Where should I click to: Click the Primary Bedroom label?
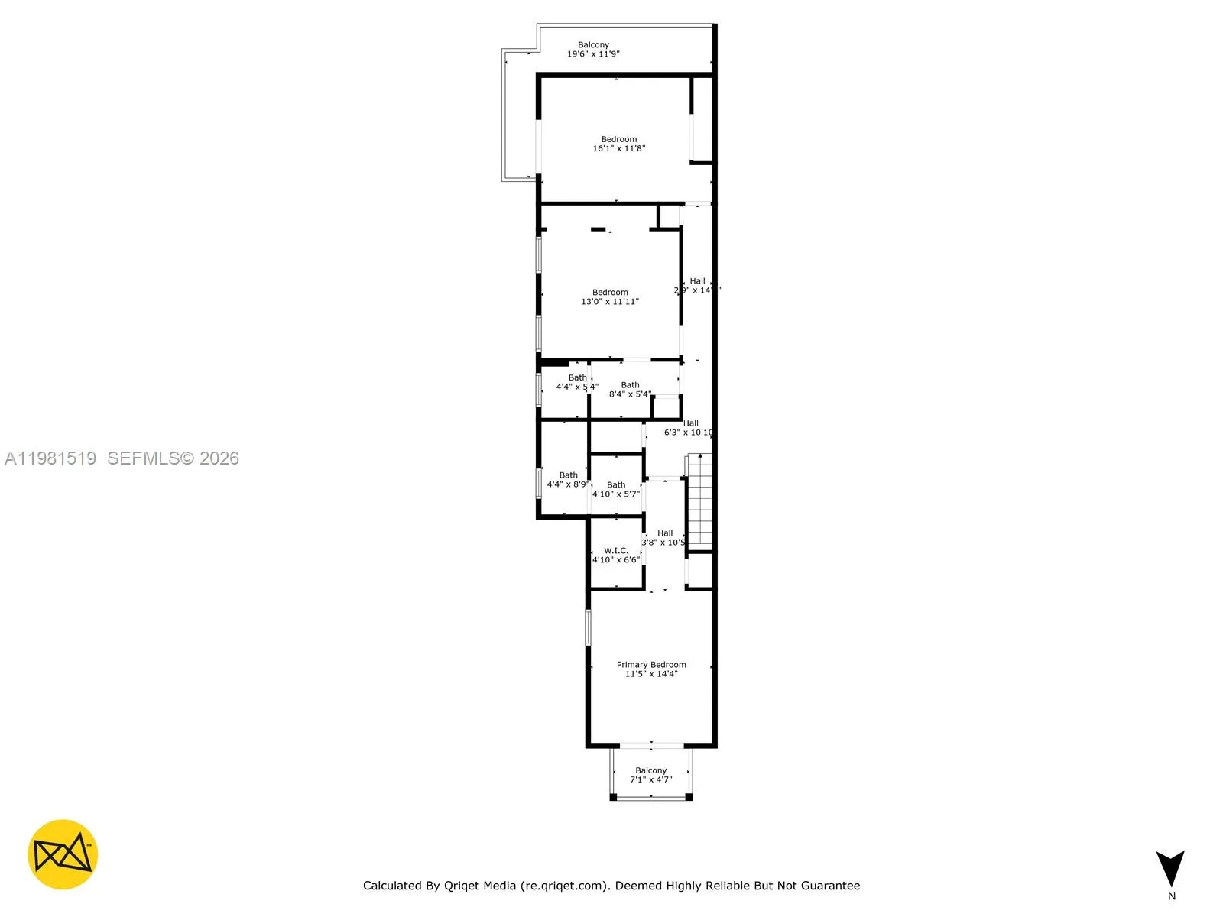coord(651,665)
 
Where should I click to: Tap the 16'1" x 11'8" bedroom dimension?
coord(619,148)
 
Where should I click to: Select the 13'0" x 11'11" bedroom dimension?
coord(610,302)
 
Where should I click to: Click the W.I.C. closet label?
coord(616,550)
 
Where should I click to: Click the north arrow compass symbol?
coord(1170,868)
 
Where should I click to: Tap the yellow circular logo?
coord(63,854)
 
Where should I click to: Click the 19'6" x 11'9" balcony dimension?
coord(593,54)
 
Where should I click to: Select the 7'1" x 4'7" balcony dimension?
coord(651,780)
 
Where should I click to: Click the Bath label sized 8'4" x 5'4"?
coord(630,385)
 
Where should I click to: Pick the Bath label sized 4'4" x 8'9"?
coord(568,475)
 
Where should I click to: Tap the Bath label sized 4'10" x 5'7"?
coord(616,485)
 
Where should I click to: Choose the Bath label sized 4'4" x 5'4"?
coord(577,377)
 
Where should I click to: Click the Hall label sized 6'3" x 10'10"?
coord(690,423)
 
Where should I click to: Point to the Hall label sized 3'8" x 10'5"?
coord(665,533)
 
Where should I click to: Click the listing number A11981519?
coord(50,458)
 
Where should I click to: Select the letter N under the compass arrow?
coord(1172,896)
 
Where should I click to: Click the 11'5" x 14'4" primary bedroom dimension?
coord(651,674)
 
